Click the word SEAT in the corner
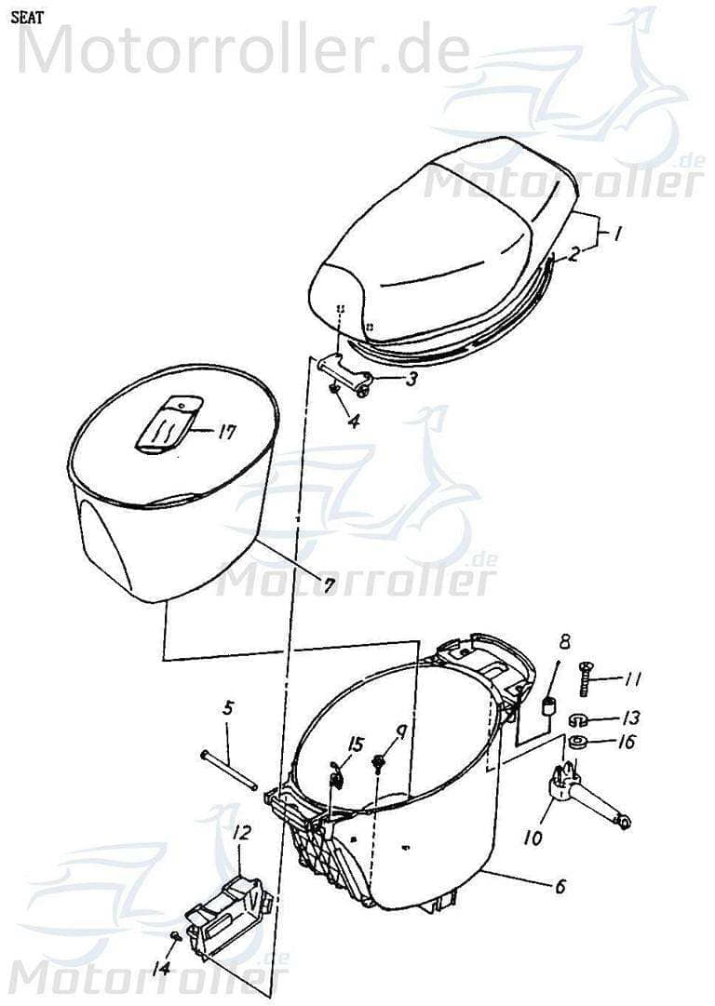[26, 16]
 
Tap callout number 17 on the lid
[227, 432]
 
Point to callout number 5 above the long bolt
[228, 708]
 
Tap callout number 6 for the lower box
[560, 886]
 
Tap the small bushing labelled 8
[549, 706]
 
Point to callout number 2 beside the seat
[574, 252]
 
